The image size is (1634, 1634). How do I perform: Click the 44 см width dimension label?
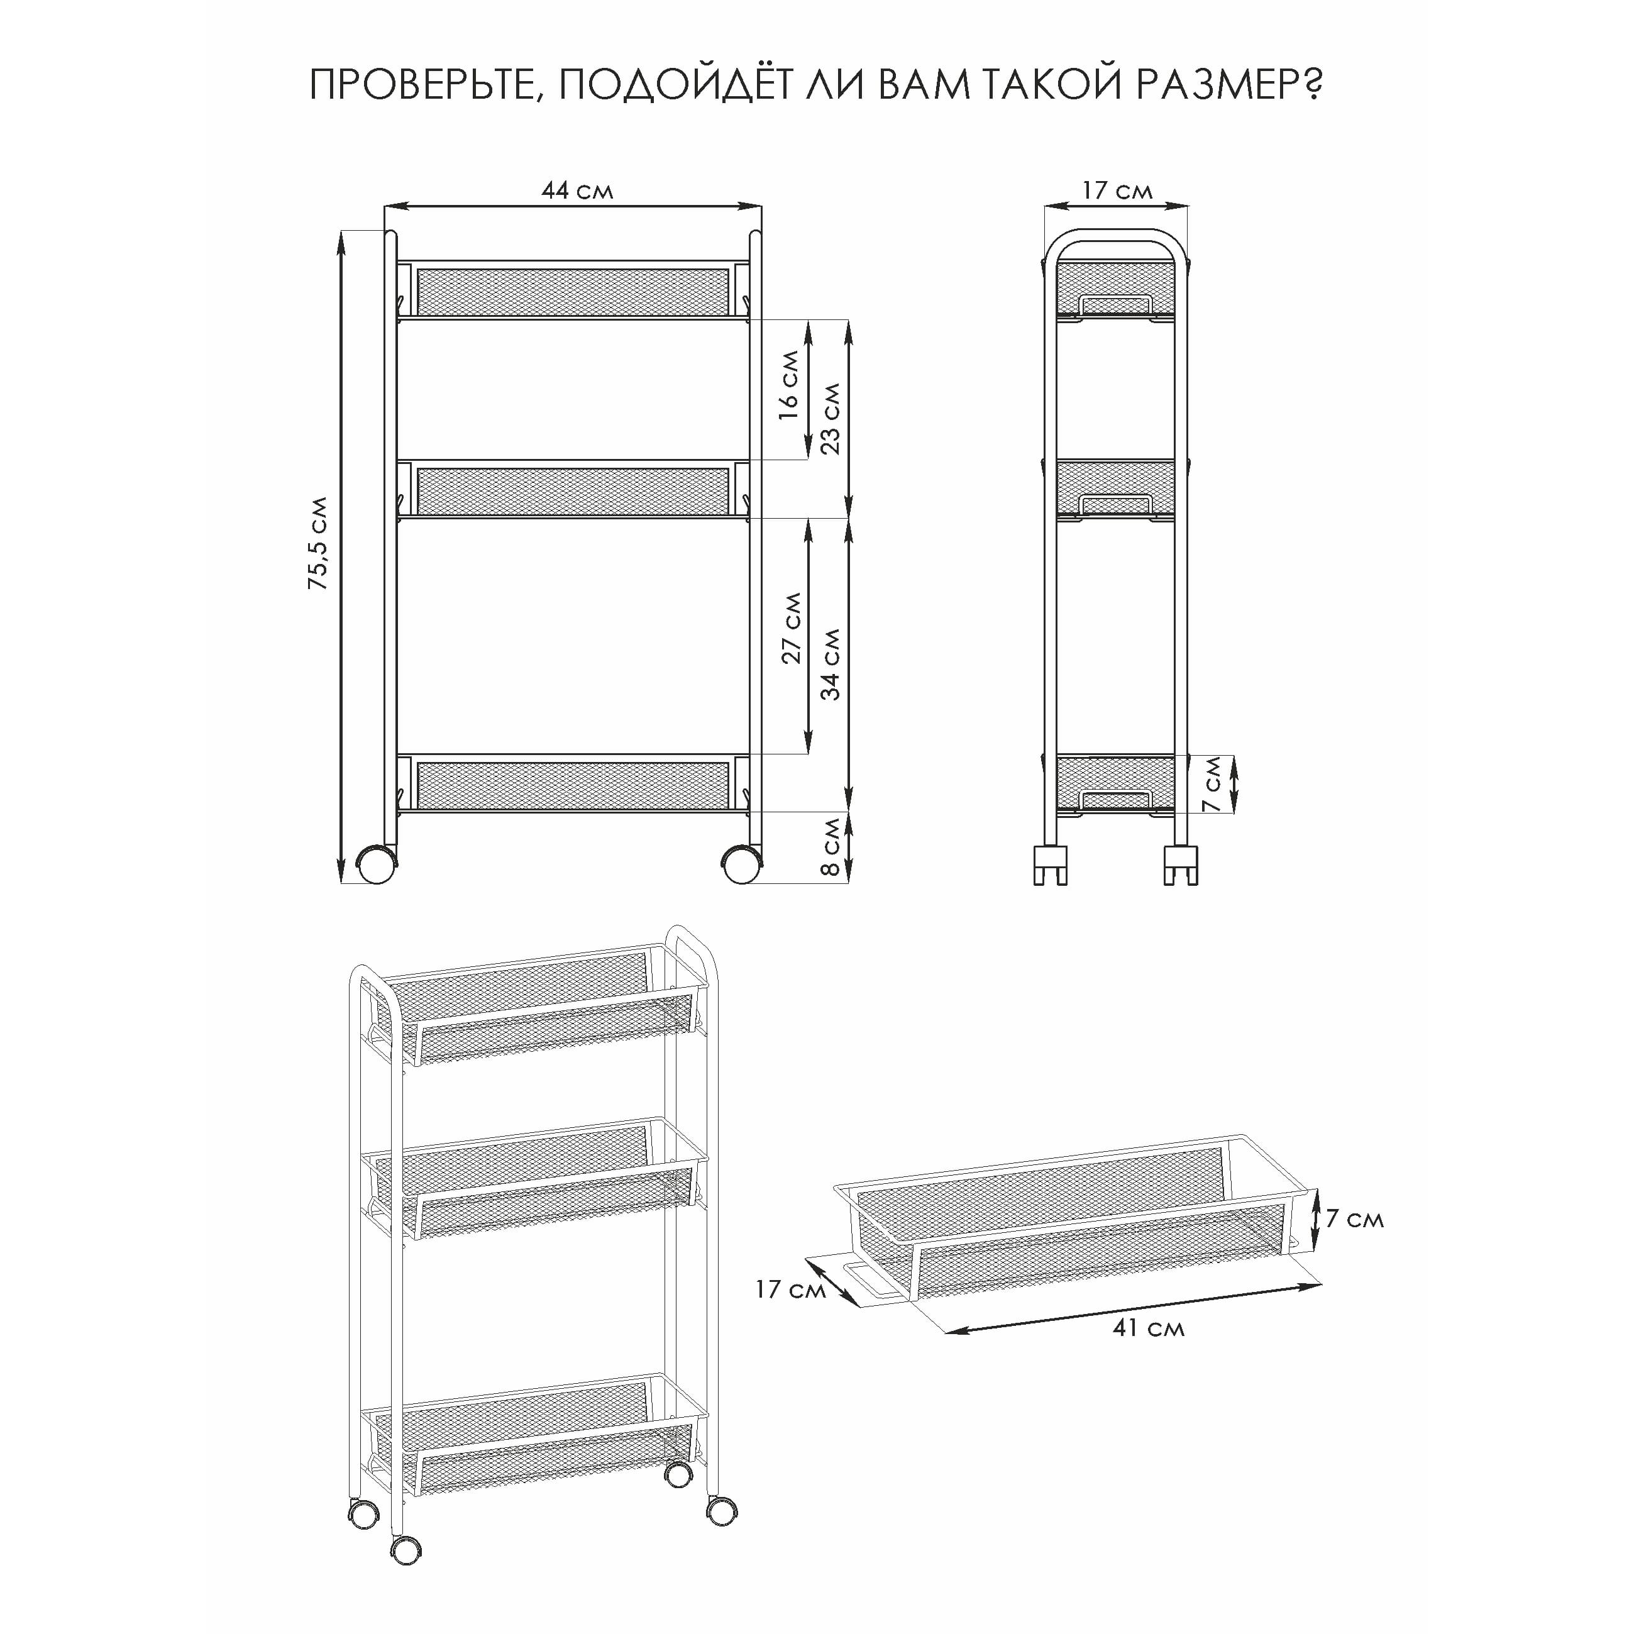point(577,190)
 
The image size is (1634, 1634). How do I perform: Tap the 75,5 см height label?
point(318,543)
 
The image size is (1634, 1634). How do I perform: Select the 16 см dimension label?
point(788,385)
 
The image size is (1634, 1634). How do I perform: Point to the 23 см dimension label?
point(831,418)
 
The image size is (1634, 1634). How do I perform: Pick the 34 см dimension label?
point(831,665)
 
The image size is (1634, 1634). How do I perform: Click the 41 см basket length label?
point(1147,1328)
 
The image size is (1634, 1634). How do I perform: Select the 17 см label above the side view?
point(1117,190)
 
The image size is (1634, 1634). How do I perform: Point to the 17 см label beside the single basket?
point(790,1289)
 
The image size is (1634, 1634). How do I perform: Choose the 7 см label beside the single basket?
point(1354,1218)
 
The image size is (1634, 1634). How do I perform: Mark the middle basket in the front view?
point(573,489)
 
